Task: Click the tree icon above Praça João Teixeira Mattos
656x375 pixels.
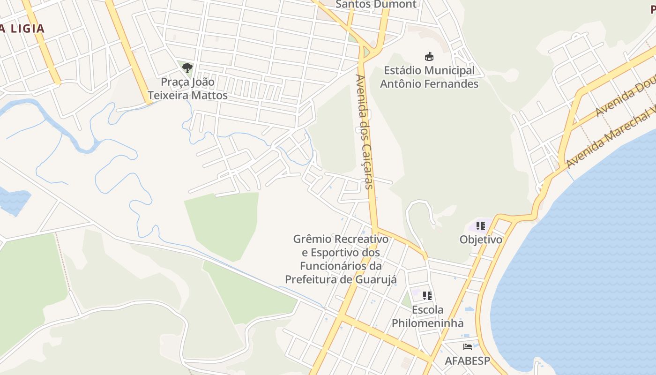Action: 187,68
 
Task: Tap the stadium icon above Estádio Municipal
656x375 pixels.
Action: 429,57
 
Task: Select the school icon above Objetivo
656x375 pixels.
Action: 480,226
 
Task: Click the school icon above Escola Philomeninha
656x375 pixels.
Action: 427,296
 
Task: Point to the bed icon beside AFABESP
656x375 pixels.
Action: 467,347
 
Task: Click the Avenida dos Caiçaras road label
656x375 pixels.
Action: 364,131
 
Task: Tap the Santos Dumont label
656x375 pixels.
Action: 376,4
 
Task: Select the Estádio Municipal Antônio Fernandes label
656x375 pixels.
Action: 429,77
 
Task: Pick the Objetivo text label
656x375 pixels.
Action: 481,240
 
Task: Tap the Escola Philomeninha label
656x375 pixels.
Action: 427,316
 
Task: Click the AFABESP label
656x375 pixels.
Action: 467,361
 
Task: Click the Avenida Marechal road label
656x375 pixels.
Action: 609,139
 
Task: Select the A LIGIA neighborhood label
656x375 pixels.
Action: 22,29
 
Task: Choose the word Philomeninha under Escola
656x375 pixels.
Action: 427,323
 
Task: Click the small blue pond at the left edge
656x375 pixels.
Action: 13,201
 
